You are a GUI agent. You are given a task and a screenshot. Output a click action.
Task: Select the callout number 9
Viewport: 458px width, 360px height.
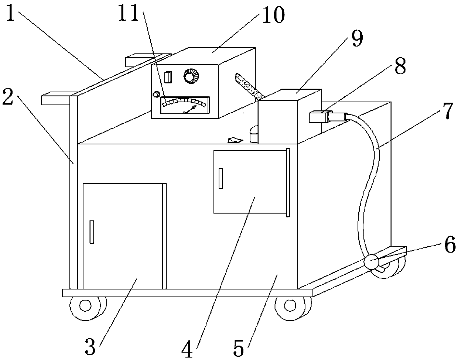point(356,38)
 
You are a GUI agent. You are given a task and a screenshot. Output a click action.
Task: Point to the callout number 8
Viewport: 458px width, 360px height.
point(400,67)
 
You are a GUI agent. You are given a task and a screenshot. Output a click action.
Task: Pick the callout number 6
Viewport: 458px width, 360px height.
point(450,246)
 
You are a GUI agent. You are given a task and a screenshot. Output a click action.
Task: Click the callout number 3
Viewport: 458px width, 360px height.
point(90,346)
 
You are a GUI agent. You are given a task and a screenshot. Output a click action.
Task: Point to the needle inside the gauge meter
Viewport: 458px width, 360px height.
point(191,109)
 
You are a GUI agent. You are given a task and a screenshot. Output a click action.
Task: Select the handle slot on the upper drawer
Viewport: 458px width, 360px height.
point(221,178)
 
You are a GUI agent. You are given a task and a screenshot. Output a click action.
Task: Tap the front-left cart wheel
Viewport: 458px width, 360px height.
point(85,306)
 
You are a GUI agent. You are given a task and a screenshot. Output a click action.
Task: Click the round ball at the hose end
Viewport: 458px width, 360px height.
point(371,262)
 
